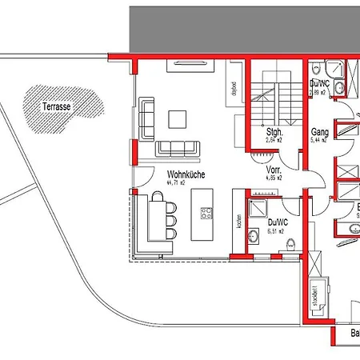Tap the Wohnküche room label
[x=184, y=174]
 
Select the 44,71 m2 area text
[x=178, y=183]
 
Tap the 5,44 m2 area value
[x=319, y=140]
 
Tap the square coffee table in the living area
[x=178, y=118]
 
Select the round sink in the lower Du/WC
[x=254, y=236]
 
